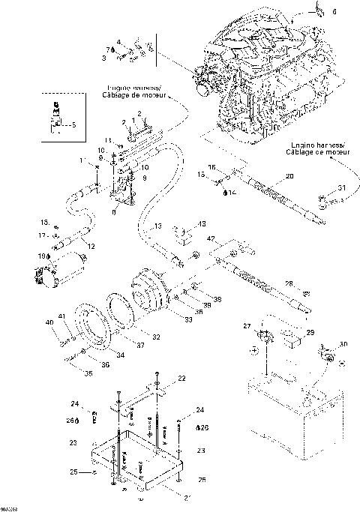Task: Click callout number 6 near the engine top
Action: pyautogui.click(x=334, y=12)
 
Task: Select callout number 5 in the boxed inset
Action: pyautogui.click(x=73, y=125)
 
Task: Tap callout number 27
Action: pyautogui.click(x=245, y=325)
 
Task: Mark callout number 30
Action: pyautogui.click(x=343, y=344)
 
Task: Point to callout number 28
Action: pyautogui.click(x=289, y=283)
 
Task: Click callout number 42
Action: pyautogui.click(x=212, y=238)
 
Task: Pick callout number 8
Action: pyautogui.click(x=112, y=211)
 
